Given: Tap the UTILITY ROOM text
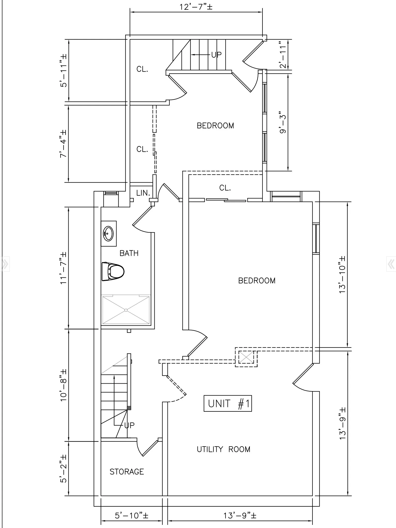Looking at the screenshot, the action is [224, 449].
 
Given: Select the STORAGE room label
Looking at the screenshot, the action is [127, 472].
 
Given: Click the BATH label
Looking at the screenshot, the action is [129, 253].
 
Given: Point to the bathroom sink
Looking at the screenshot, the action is [108, 233].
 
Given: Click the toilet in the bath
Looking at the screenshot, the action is [113, 271].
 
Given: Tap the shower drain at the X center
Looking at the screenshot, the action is [126, 310].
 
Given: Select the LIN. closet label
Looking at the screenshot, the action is [143, 193].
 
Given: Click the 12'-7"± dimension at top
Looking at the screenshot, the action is [196, 7].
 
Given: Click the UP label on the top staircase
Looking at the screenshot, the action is [216, 55].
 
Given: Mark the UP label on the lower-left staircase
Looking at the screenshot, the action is [129, 425].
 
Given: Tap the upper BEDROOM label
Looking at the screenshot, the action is [216, 126].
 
